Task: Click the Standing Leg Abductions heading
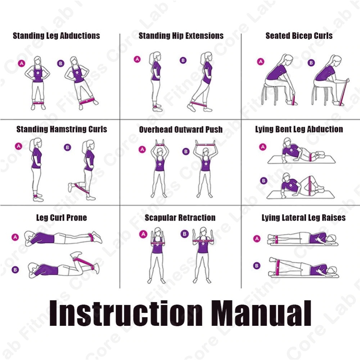point(56,36)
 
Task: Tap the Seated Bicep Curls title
point(299,36)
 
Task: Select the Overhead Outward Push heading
point(181,130)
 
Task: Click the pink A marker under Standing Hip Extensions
point(137,59)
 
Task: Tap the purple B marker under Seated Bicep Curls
point(311,63)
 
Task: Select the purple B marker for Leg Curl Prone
point(15,270)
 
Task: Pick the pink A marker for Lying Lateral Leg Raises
point(257,239)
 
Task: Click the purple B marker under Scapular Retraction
point(185,234)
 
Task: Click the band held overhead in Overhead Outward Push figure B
point(206,145)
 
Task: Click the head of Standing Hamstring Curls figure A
point(36,144)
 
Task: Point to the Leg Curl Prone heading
point(62,218)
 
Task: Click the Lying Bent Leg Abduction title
point(299,129)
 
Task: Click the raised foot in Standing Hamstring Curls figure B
point(71,187)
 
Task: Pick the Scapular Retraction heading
point(180,218)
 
